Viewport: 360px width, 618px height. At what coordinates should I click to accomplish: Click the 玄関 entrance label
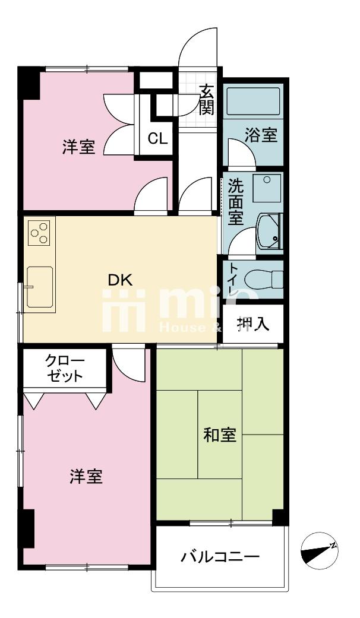[206, 100]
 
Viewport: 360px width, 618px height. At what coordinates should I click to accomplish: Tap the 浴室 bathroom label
[261, 135]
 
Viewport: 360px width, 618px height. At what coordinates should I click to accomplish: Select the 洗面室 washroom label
[235, 201]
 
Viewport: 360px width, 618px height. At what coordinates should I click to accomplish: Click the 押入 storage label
[253, 324]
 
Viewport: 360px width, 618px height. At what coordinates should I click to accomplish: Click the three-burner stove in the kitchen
[40, 233]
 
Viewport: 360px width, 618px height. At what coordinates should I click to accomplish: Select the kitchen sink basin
[39, 286]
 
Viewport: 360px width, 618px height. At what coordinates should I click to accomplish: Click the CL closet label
[158, 139]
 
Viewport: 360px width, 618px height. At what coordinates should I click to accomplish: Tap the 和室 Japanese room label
[220, 436]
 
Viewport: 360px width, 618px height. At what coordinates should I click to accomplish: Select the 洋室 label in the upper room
[79, 147]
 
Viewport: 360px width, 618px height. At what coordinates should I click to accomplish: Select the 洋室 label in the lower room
[86, 476]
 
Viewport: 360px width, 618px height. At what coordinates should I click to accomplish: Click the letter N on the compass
[334, 545]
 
